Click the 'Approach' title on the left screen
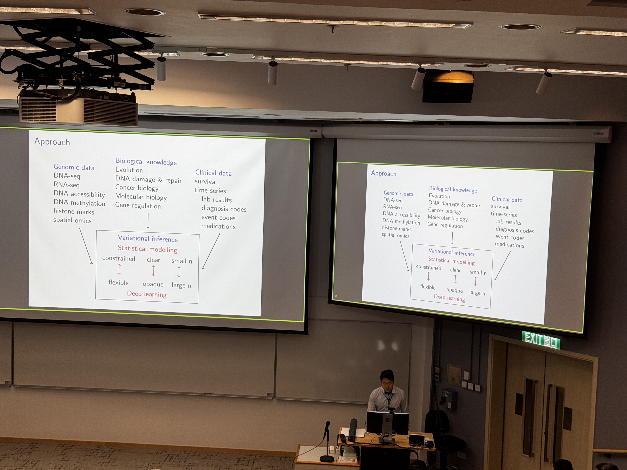(x=52, y=142)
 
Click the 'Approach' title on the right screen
(x=383, y=173)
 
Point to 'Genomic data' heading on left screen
(x=74, y=167)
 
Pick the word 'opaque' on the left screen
(x=153, y=284)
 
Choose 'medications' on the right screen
(x=509, y=245)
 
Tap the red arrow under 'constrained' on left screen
(x=119, y=269)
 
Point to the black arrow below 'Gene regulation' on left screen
(x=148, y=221)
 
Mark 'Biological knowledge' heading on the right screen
(x=453, y=189)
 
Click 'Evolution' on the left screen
(x=129, y=170)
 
